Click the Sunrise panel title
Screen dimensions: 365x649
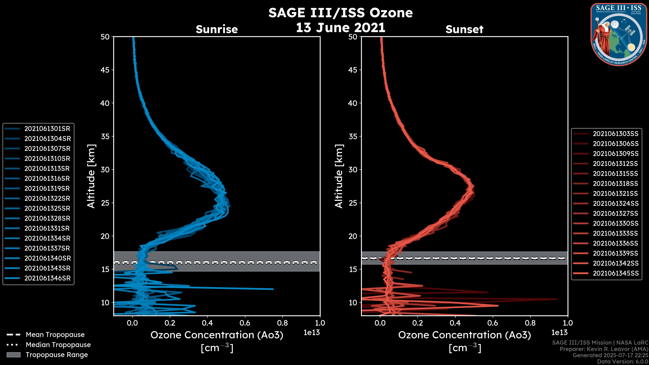tap(217, 29)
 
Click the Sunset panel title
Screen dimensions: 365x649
tap(464, 29)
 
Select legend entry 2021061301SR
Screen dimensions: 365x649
tap(47, 129)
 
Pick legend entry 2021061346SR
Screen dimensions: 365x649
tap(47, 278)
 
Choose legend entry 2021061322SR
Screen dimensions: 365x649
tap(47, 199)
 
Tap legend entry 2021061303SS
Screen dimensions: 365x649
tap(616, 134)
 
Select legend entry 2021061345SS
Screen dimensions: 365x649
tap(616, 273)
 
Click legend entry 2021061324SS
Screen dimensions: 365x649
tap(616, 203)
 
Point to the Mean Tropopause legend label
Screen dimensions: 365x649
tap(55, 335)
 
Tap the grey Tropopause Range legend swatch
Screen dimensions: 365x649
tap(13, 355)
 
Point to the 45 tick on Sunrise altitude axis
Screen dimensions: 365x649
tap(105, 70)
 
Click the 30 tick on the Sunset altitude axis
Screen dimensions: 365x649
tap(353, 169)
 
